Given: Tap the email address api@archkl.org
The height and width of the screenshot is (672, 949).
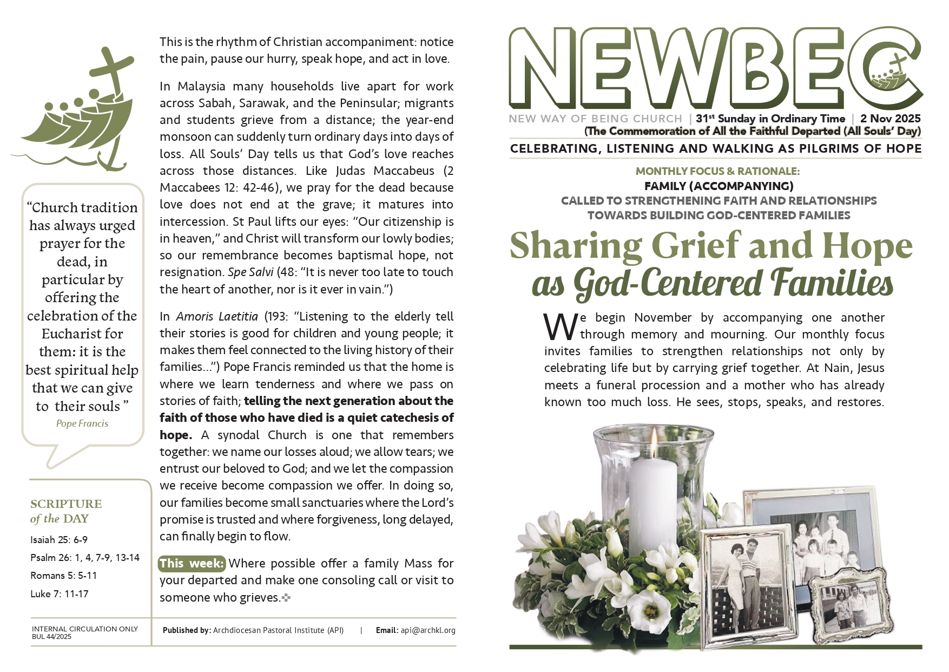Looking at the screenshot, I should tap(428, 630).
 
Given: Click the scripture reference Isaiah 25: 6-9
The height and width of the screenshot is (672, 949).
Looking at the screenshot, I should tap(59, 540).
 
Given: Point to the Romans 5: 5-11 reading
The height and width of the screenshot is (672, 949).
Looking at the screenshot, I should tap(63, 576).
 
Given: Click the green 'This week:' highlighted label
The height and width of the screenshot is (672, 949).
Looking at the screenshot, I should tap(192, 564).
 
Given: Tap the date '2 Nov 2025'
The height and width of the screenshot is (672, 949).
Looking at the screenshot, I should tap(890, 119).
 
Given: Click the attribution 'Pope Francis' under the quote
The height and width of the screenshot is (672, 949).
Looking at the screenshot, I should tap(82, 424).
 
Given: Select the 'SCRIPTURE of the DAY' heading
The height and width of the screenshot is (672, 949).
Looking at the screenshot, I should tap(65, 511).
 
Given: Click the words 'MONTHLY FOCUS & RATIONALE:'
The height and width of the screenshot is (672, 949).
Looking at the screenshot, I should tap(717, 172).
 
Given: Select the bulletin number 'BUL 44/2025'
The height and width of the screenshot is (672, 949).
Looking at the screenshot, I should tap(52, 637).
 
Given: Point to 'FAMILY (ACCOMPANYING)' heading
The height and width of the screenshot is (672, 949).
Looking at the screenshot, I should tap(719, 186).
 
